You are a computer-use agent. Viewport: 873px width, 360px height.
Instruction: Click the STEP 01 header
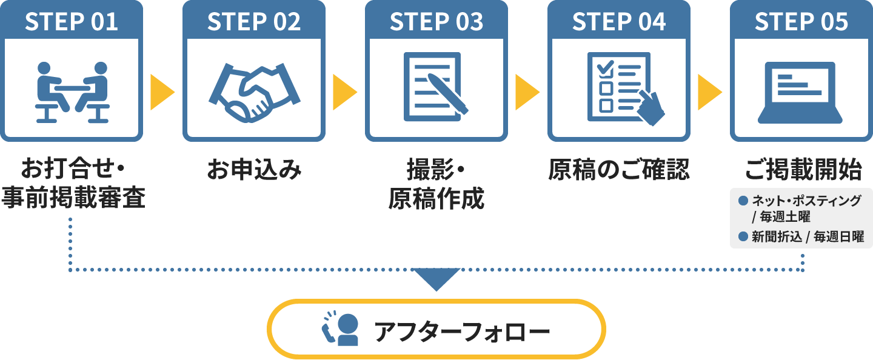(72, 22)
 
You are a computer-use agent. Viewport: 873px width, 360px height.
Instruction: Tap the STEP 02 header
(254, 22)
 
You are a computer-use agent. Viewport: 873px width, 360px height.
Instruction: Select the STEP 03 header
(436, 22)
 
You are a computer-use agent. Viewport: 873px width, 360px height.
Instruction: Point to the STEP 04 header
(619, 22)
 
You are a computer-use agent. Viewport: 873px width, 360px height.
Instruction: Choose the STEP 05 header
(801, 22)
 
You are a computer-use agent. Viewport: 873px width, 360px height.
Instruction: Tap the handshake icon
(254, 92)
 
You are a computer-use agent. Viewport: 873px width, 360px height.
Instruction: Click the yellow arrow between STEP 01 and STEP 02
(161, 92)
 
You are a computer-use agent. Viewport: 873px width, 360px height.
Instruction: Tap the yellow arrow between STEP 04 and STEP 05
(709, 92)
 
